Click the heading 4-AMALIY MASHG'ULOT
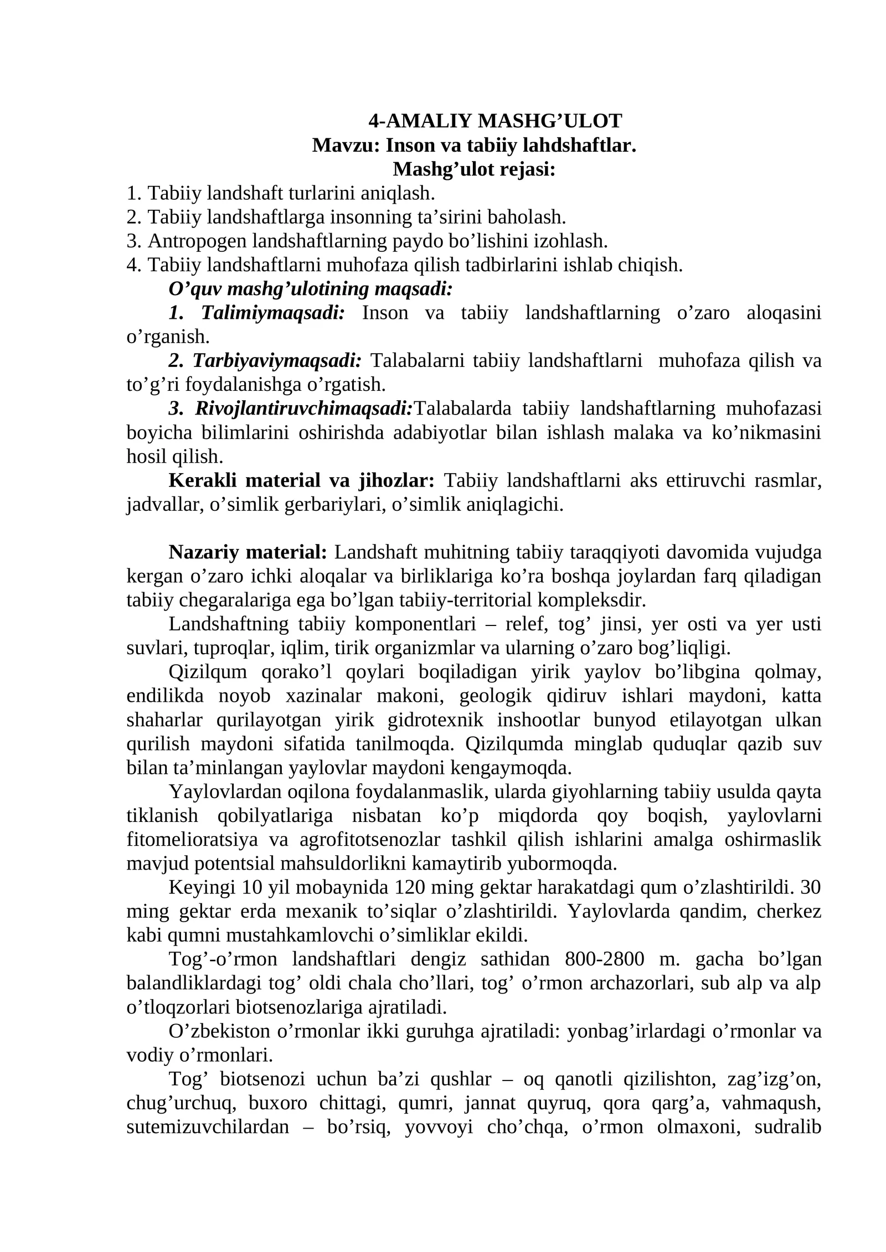point(495,121)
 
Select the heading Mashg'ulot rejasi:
point(474,169)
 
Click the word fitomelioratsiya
point(192,840)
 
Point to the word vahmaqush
point(786,1103)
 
